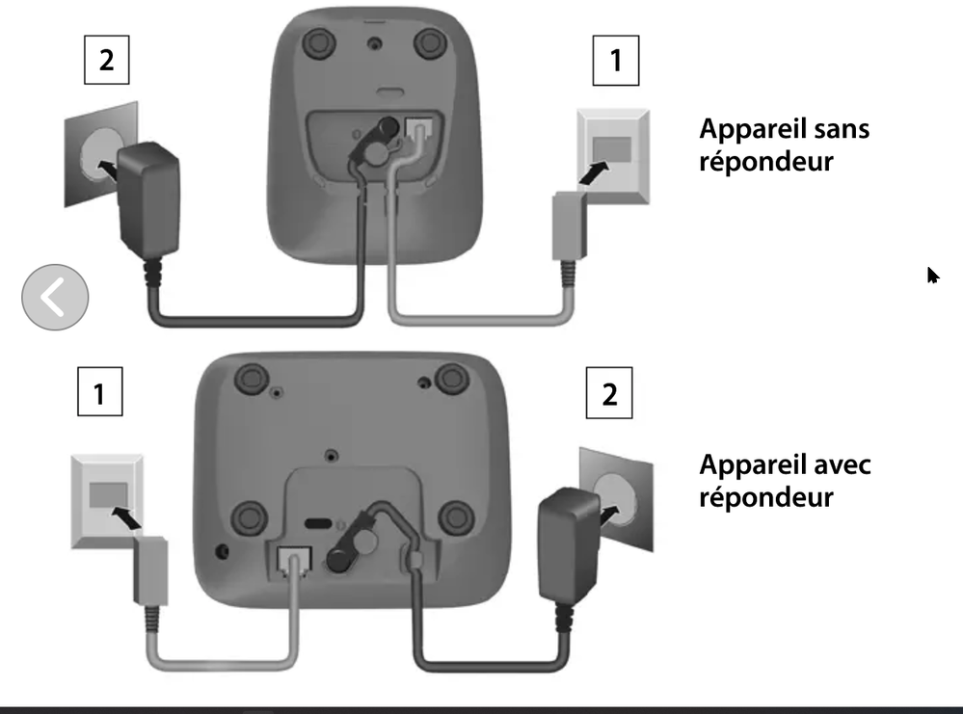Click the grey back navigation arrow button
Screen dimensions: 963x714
click(55, 297)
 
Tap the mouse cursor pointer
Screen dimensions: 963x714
click(933, 276)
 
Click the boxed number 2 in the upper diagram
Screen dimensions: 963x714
click(106, 60)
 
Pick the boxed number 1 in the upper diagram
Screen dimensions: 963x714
click(615, 60)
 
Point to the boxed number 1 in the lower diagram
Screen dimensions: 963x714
click(99, 391)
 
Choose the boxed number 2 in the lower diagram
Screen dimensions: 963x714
click(608, 393)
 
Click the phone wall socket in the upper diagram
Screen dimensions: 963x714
click(613, 155)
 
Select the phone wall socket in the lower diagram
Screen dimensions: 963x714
click(107, 501)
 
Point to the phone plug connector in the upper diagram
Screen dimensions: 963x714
click(570, 225)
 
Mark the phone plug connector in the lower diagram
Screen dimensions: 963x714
click(150, 571)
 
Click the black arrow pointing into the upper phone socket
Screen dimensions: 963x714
click(595, 172)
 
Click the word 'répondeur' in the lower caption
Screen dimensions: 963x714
click(766, 497)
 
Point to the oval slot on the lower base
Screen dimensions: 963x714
click(318, 523)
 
